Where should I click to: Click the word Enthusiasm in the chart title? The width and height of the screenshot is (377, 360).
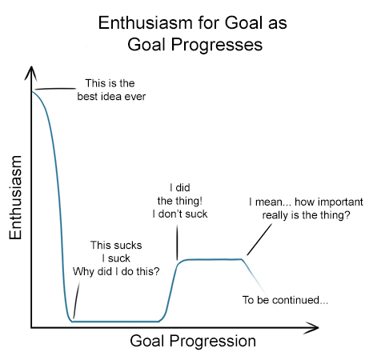click(145, 22)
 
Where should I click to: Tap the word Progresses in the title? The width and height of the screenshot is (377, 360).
click(217, 45)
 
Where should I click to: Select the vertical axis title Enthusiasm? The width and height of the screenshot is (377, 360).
click(15, 198)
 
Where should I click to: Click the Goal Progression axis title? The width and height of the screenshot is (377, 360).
click(193, 341)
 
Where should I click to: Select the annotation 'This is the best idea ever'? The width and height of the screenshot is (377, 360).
click(111, 90)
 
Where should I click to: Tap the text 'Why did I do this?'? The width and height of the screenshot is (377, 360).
click(116, 271)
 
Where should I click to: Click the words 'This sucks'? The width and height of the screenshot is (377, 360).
click(116, 246)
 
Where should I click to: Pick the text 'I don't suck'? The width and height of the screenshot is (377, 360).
click(180, 214)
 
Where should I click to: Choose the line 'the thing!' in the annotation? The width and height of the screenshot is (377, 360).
click(180, 201)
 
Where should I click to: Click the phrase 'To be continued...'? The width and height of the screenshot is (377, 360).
click(285, 300)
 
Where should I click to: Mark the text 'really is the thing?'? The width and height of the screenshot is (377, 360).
click(306, 215)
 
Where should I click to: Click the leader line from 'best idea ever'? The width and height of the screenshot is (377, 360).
click(55, 89)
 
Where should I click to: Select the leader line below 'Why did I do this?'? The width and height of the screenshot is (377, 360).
click(76, 300)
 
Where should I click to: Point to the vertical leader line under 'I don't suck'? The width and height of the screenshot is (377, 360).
click(177, 242)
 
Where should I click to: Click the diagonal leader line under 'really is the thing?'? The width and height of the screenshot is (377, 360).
click(259, 239)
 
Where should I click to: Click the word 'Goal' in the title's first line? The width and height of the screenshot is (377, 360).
click(243, 22)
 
